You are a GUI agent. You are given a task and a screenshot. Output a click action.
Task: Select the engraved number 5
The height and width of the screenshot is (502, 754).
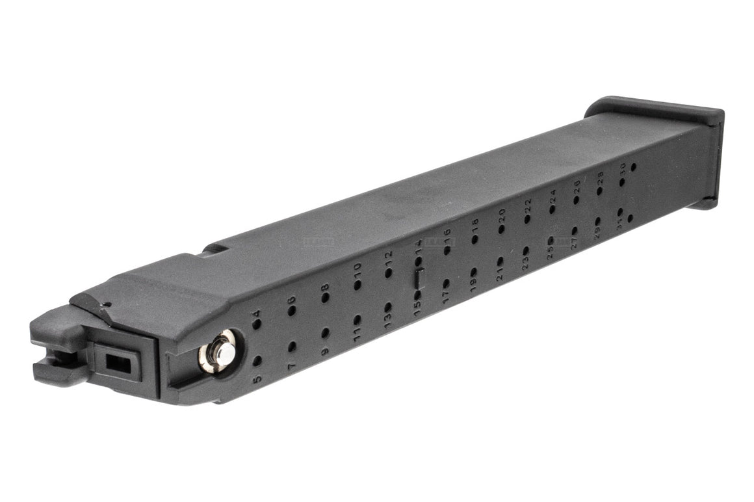pos(257,378)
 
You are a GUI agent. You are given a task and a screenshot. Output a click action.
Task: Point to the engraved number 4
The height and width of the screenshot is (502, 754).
pos(257,314)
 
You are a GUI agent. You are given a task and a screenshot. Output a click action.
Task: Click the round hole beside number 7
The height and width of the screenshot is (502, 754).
pos(292,347)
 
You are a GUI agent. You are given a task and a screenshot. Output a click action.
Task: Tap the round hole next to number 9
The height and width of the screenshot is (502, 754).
pos(325,333)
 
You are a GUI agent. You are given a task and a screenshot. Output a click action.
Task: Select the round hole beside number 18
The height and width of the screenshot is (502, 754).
pos(474,239)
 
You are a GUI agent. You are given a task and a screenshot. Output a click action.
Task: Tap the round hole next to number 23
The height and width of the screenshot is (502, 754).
pos(525,250)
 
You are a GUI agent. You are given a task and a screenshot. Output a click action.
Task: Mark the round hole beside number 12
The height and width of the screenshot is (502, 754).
pos(388,273)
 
